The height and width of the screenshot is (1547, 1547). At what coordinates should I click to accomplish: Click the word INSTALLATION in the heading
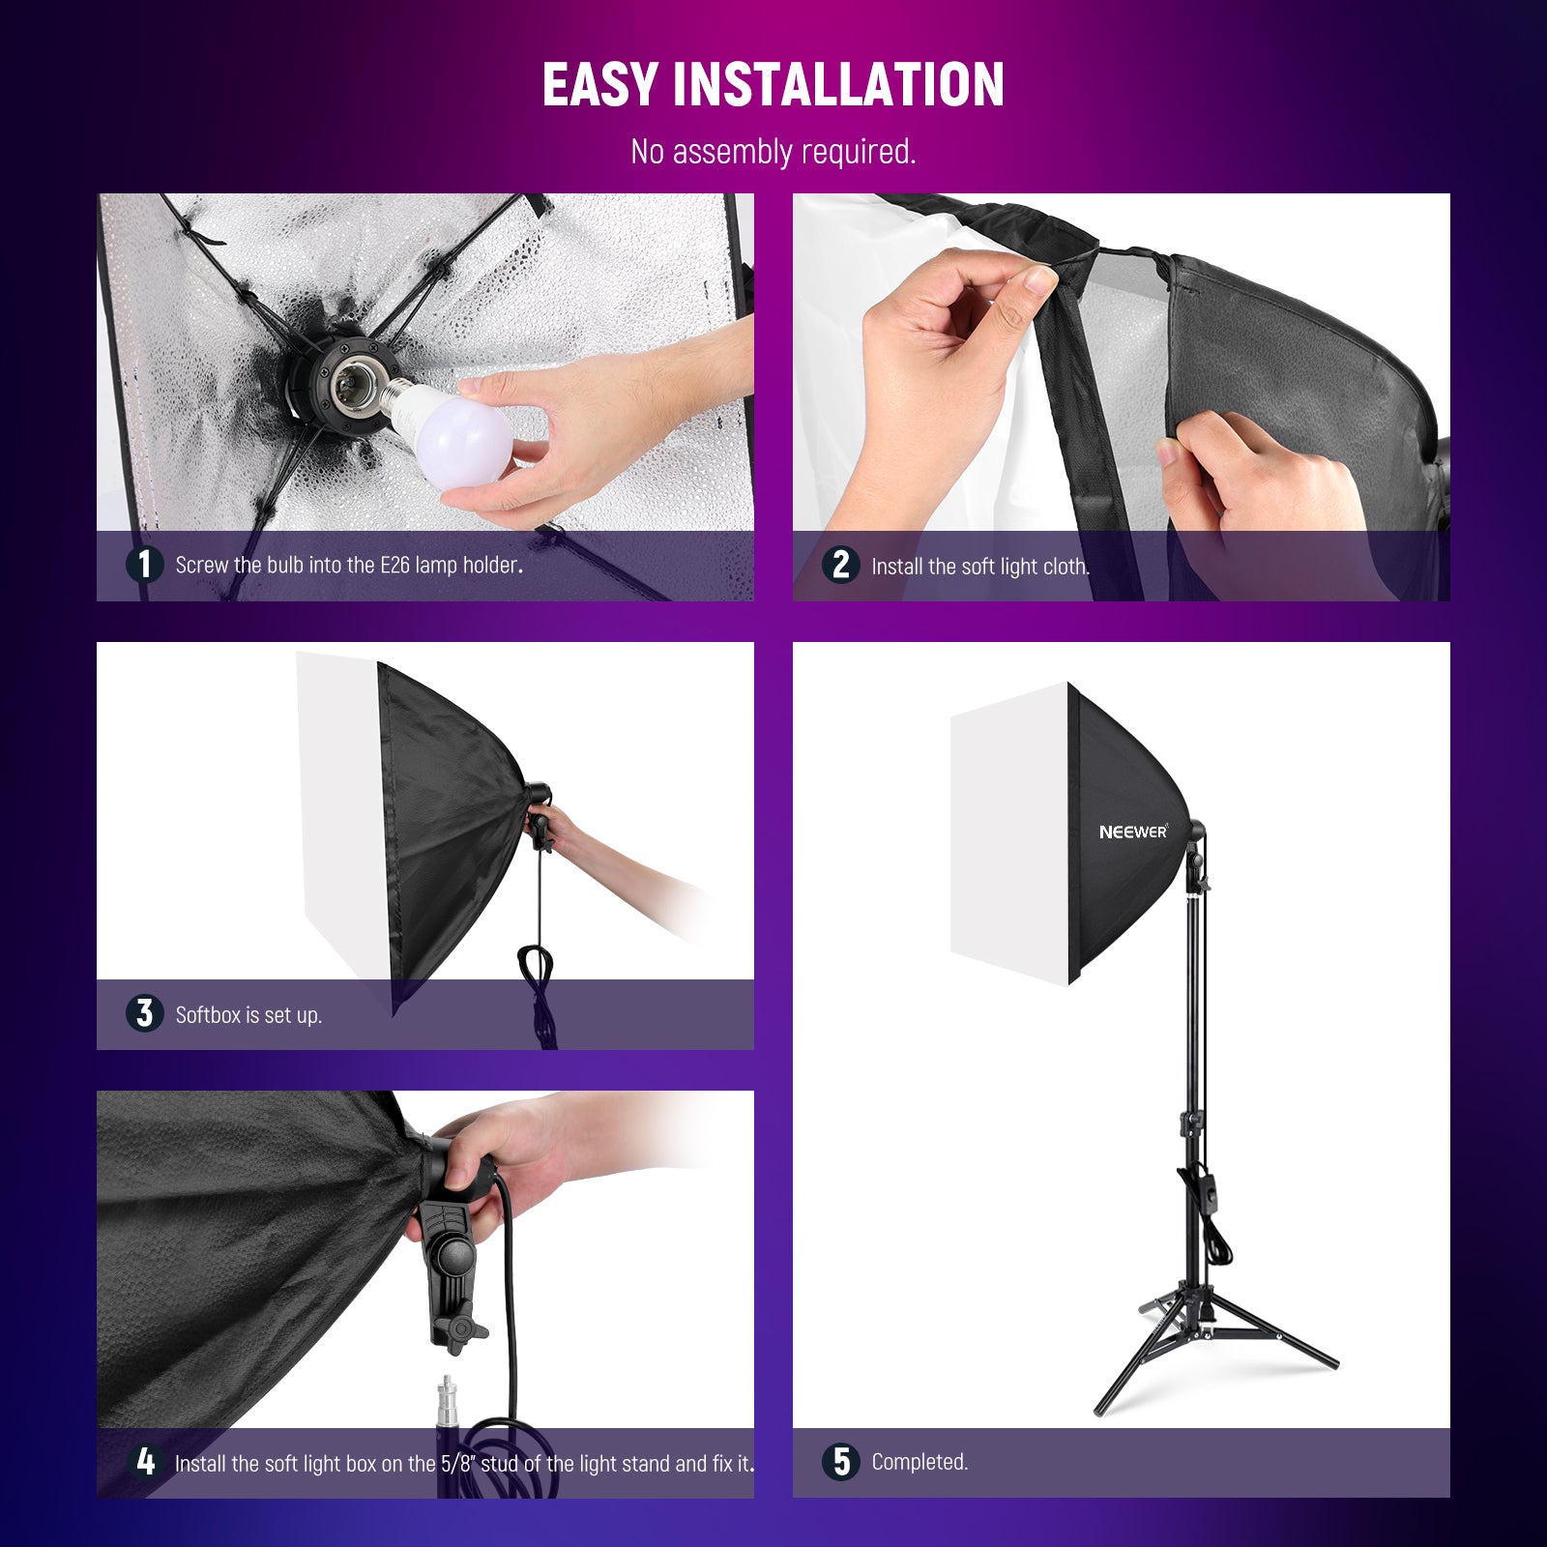[x=838, y=85]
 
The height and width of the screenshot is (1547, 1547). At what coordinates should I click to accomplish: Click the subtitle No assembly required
[x=773, y=152]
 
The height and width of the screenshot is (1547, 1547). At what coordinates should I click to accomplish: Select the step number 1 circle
[x=145, y=564]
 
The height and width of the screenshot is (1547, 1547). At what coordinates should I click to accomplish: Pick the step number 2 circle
[x=841, y=565]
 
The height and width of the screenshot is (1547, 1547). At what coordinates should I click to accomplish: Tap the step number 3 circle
[x=145, y=1013]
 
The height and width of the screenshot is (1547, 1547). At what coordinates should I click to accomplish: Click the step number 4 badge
[x=145, y=1461]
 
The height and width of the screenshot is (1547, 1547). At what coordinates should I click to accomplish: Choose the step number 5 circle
[x=841, y=1461]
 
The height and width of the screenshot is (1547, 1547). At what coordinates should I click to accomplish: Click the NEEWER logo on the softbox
[x=1133, y=832]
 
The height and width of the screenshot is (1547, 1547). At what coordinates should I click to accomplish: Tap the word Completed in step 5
[x=919, y=1462]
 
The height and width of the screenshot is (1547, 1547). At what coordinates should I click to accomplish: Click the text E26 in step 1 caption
[x=394, y=565]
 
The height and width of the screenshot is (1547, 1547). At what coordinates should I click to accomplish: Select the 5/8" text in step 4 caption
[x=458, y=1464]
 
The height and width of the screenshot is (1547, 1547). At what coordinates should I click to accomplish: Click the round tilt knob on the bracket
[x=452, y=1256]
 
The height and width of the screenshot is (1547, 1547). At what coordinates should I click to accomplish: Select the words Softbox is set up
[x=248, y=1015]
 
